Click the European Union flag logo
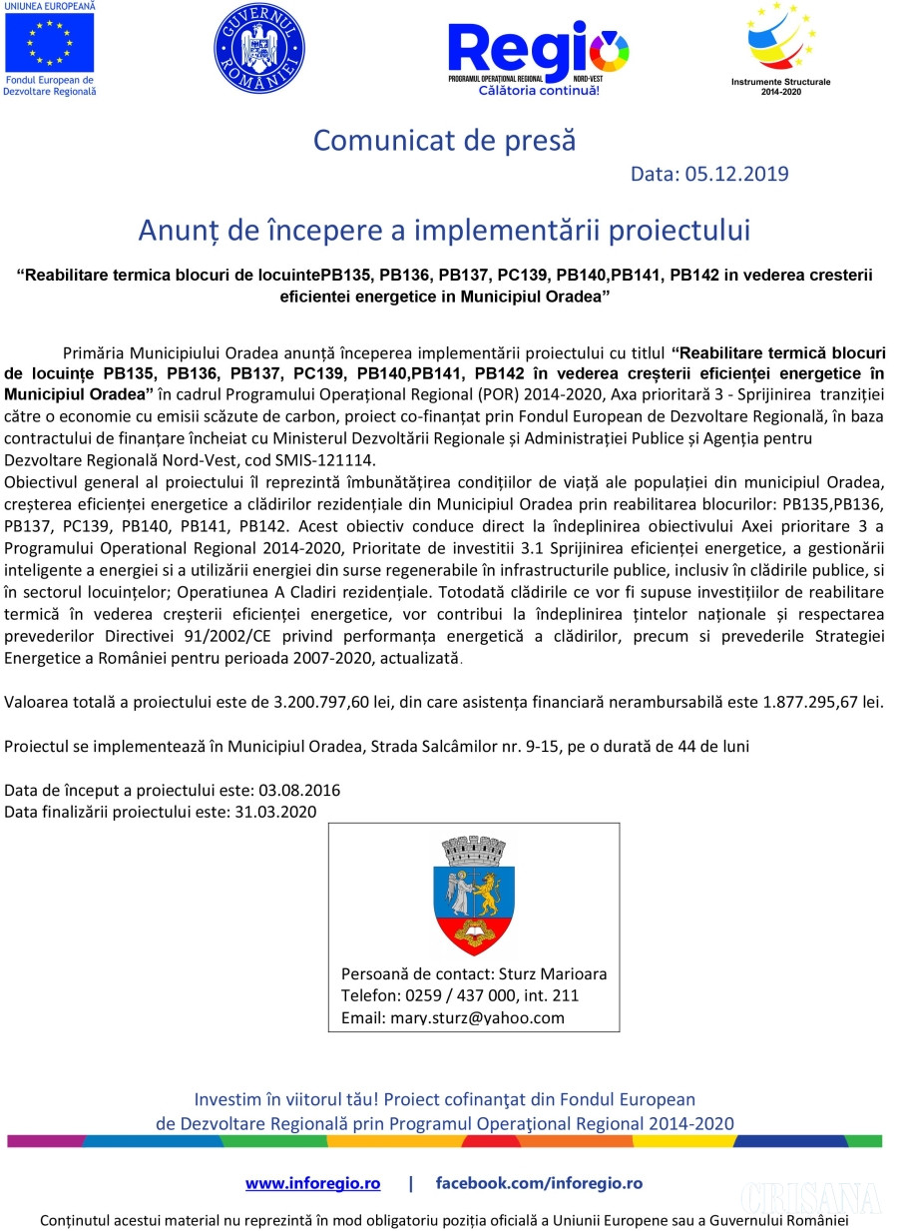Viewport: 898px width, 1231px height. [49, 43]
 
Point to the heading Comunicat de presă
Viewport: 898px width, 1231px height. [445, 140]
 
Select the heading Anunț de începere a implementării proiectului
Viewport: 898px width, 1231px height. [444, 231]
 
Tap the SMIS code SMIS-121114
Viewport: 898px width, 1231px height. [324, 460]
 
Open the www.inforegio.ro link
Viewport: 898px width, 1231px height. [312, 1183]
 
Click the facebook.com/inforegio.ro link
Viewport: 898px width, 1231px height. [539, 1183]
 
